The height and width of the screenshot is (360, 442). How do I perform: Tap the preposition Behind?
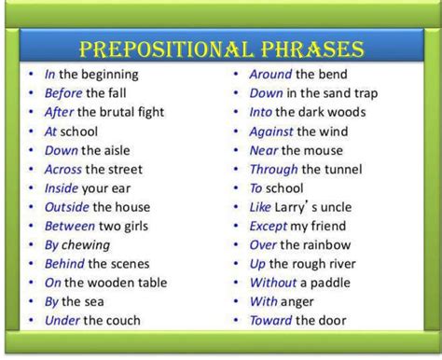tap(66, 264)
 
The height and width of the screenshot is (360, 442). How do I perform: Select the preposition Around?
tap(272, 75)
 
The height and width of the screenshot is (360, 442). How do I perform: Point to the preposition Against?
tap(273, 132)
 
